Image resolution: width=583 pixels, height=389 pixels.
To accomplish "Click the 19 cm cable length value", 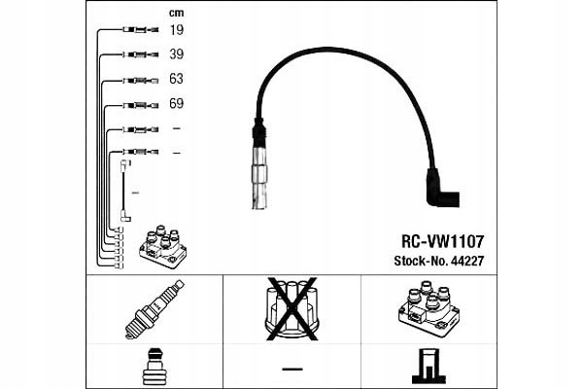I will pyautogui.click(x=176, y=31).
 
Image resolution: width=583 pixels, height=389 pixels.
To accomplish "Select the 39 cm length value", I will pyautogui.click(x=176, y=54).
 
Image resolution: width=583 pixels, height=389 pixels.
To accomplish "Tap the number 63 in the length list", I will pyautogui.click(x=176, y=79).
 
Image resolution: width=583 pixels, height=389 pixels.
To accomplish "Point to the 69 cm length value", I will pyautogui.click(x=176, y=103).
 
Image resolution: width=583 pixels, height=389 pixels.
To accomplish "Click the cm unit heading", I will pyautogui.click(x=176, y=13).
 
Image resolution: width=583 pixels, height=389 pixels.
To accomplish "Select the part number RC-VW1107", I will pyautogui.click(x=443, y=239).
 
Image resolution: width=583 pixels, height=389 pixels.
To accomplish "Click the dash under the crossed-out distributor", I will pyautogui.click(x=291, y=369).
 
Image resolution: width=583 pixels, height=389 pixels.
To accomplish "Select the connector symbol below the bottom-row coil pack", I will pyautogui.click(x=429, y=366).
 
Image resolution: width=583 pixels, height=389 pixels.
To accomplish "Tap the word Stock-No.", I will pyautogui.click(x=425, y=261).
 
